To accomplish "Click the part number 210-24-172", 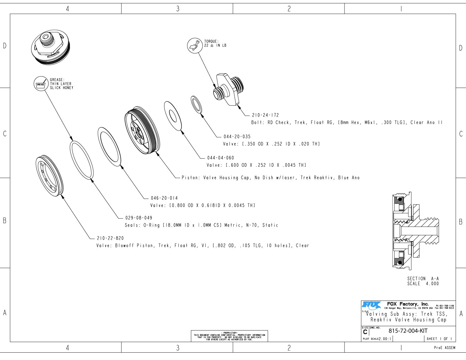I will coord(265,115).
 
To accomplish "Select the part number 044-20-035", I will coord(237,137).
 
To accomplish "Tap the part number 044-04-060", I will coord(220,158).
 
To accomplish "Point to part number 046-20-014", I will coord(164,198).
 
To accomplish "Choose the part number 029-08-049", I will coord(139,218).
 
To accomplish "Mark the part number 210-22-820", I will coord(110,238).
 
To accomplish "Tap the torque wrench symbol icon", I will coord(194,46).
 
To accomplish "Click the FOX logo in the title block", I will coord(371,305).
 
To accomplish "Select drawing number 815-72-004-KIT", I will coord(408,331).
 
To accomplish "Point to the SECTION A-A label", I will coord(423,279).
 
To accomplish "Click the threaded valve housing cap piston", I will coord(142,130).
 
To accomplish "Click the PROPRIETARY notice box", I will coord(229,336).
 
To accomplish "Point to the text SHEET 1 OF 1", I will coord(439,339).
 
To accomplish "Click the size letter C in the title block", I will coord(365,332).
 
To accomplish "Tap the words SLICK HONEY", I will coord(61,88).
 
